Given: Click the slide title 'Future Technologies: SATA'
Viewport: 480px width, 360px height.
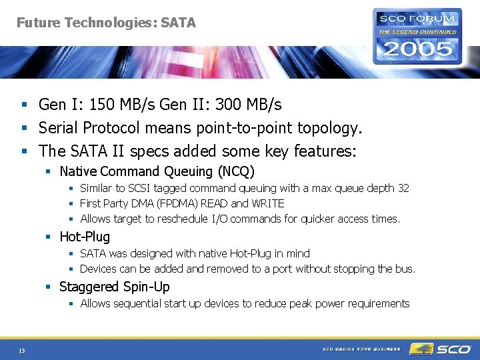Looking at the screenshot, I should tap(106, 23).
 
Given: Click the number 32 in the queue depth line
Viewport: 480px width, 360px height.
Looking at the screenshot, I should tap(403, 189).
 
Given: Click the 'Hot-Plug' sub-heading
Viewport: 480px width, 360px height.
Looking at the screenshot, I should tap(85, 237).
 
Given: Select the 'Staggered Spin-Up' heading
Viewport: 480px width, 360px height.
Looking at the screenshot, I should tap(115, 287).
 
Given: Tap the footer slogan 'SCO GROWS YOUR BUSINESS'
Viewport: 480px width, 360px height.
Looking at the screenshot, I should tap(362, 349).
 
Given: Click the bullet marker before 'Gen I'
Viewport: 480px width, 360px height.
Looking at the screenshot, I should tap(23, 105).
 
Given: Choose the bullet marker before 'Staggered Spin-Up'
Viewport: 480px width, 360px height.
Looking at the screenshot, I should tap(48, 287).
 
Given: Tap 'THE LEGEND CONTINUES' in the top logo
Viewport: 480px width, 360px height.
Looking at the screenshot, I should tap(417, 31).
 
